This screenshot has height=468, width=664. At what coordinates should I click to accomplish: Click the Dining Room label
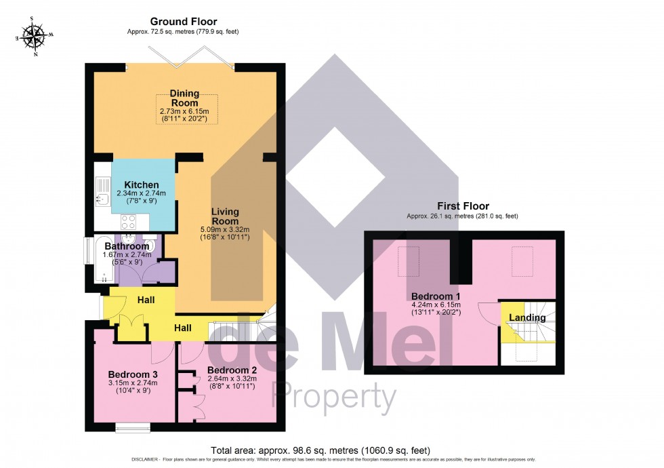pyautogui.click(x=184, y=98)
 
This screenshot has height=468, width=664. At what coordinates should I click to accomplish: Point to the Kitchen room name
pyautogui.click(x=142, y=184)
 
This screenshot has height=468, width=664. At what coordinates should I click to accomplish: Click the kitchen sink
pyautogui.click(x=102, y=192)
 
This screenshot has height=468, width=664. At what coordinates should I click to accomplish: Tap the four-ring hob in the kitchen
pyautogui.click(x=128, y=221)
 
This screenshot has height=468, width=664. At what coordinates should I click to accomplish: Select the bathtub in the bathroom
pyautogui.click(x=101, y=260)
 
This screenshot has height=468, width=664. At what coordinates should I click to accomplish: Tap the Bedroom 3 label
pyautogui.click(x=133, y=374)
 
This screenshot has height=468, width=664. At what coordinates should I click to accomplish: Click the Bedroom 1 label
pyautogui.click(x=436, y=297)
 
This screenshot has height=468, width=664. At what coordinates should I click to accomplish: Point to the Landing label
pyautogui.click(x=527, y=317)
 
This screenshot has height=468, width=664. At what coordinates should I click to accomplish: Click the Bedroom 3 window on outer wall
pyautogui.click(x=133, y=427)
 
